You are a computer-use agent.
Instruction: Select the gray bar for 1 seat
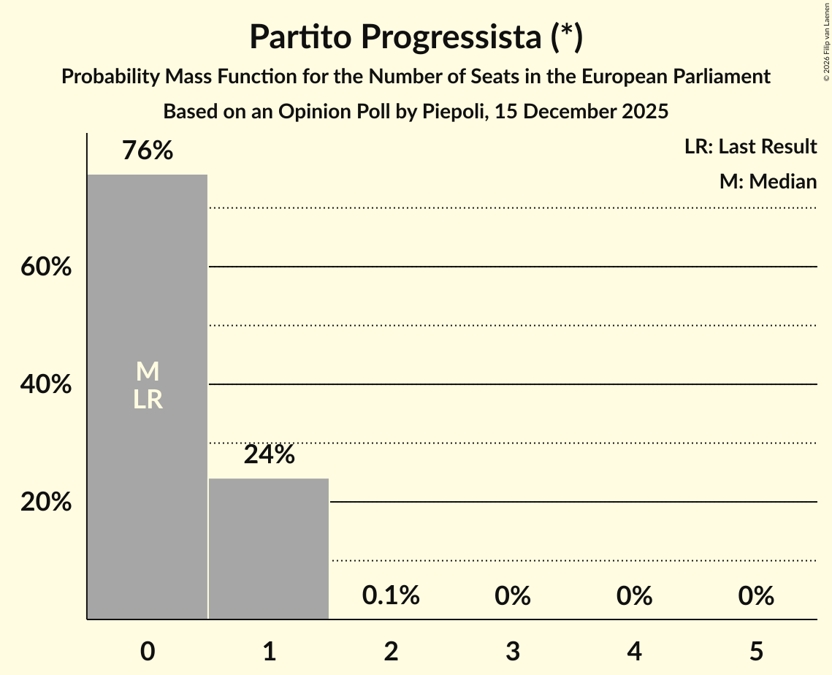tap(269, 549)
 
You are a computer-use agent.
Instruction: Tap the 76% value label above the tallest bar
tap(148, 151)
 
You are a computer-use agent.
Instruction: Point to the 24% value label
tap(269, 455)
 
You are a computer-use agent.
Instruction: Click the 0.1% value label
tap(391, 596)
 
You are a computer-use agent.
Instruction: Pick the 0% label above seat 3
tap(512, 596)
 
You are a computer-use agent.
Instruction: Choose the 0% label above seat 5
tap(755, 596)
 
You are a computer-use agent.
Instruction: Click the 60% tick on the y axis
tap(46, 267)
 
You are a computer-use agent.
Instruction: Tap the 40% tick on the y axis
tap(46, 384)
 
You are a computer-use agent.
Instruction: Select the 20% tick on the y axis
tap(46, 503)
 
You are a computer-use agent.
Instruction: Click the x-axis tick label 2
tap(391, 652)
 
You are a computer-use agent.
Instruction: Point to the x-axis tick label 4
tap(634, 652)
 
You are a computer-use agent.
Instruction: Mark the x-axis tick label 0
tap(148, 652)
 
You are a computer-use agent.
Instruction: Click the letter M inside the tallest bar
tap(148, 372)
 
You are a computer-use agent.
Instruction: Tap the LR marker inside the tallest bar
tap(148, 400)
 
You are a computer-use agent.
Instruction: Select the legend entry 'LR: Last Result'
tap(750, 147)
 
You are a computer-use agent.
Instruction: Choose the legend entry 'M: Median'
tap(768, 181)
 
